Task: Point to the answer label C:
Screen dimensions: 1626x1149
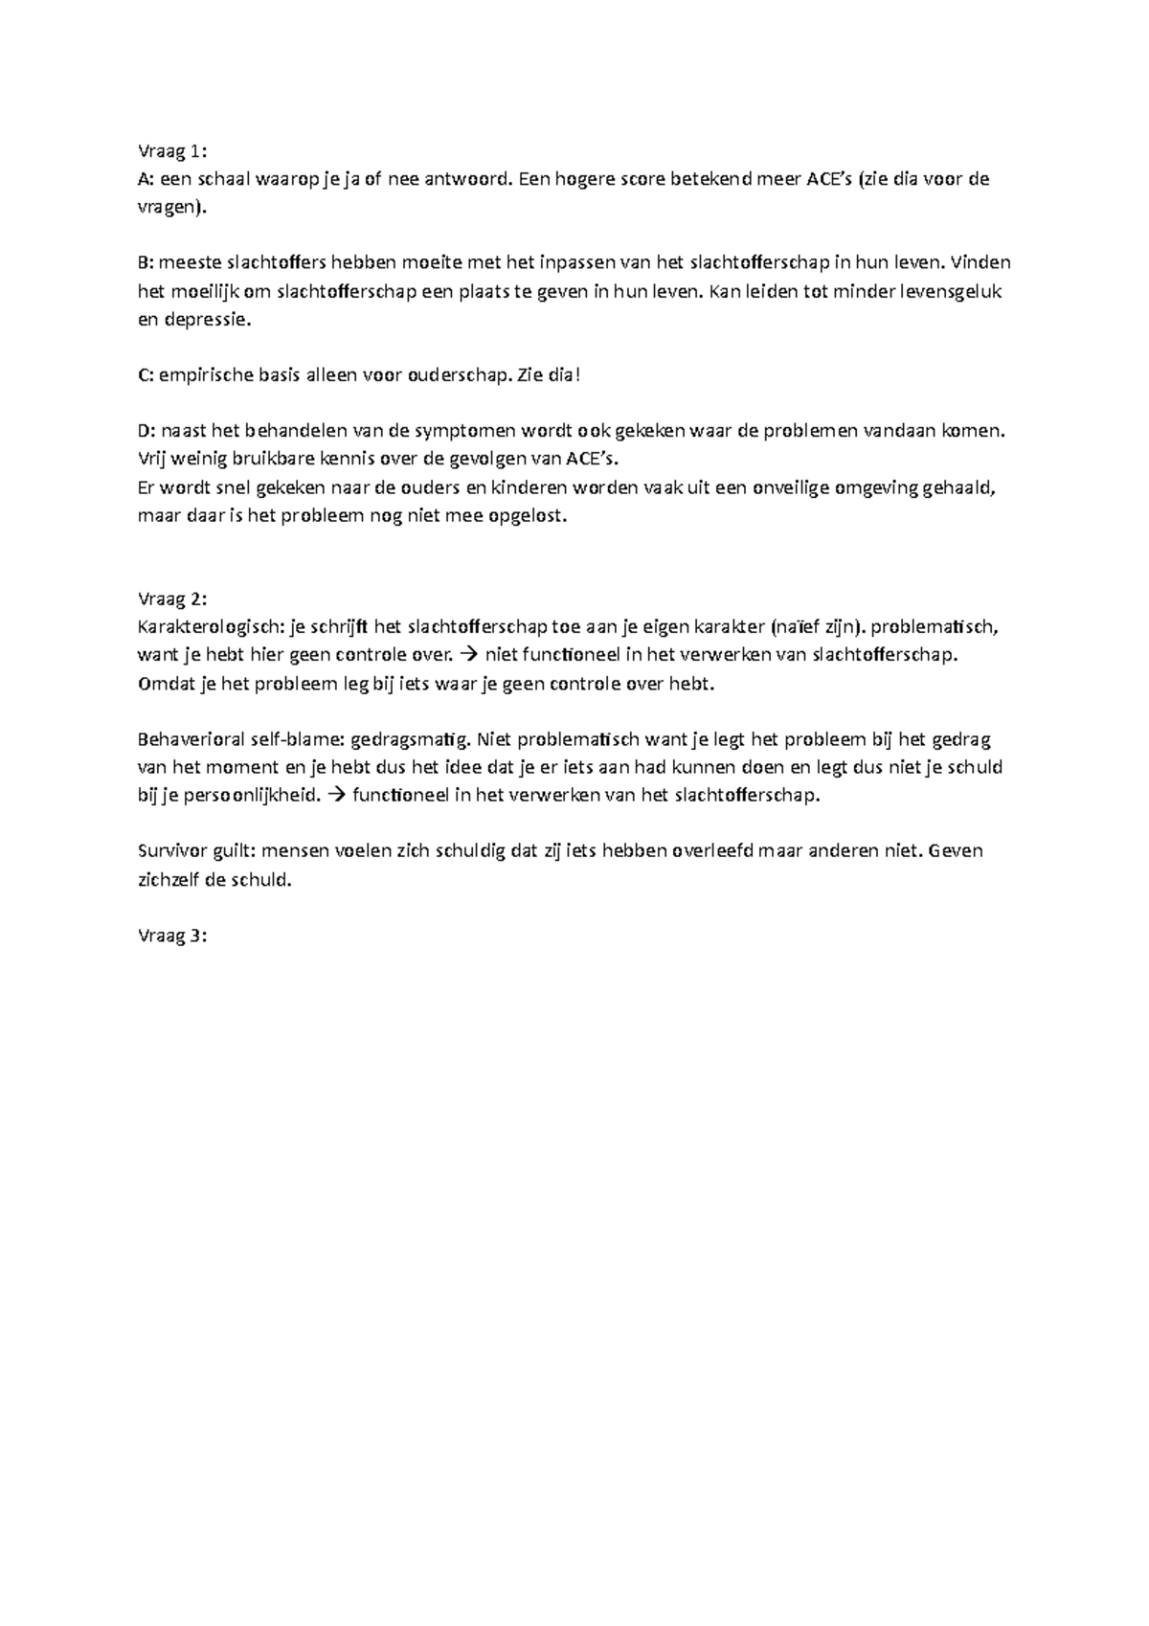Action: (146, 375)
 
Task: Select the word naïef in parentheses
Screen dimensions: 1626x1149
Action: (801, 628)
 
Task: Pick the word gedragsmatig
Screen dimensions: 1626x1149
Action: (411, 740)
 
